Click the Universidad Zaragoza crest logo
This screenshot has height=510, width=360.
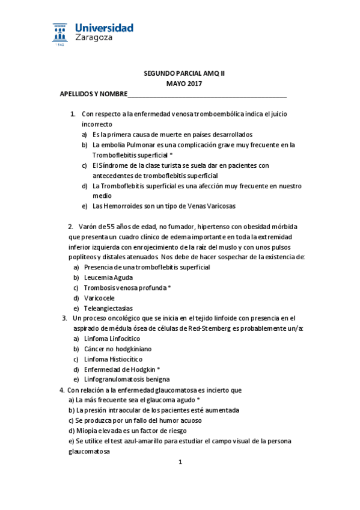pos(61,34)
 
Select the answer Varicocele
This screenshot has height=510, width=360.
pos(99,298)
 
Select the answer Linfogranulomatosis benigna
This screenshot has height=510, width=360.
pos(127,379)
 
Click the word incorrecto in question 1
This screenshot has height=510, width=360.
pos(97,124)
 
